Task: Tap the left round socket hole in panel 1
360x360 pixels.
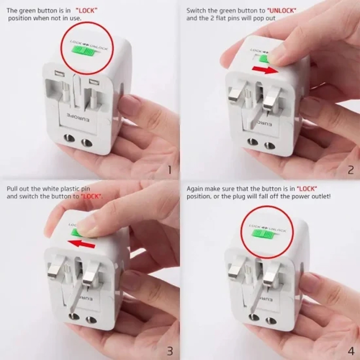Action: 67,138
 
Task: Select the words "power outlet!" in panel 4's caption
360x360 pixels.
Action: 312,197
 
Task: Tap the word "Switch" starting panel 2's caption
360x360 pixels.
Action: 195,10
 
